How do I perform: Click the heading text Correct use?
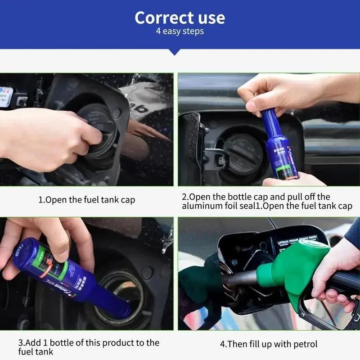coord(180,18)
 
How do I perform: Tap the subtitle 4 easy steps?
coord(180,31)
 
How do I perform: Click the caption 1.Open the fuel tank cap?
coord(86,200)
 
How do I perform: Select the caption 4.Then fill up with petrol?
coord(269,344)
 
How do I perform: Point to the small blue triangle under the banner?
coord(174,52)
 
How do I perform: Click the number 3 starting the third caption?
coord(20,343)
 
